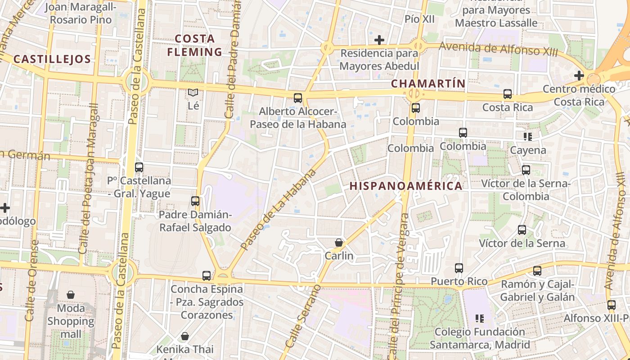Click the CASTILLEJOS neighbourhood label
[x=52, y=59]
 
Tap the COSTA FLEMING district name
[x=195, y=45]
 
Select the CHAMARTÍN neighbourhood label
[x=427, y=83]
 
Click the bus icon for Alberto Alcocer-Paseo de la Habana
[x=298, y=98]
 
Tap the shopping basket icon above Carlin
[x=339, y=243]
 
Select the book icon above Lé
[x=193, y=92]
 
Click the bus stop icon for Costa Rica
[x=508, y=94]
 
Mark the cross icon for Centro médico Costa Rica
[x=579, y=76]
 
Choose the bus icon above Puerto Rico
[x=459, y=268]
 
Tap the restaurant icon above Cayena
[x=528, y=136]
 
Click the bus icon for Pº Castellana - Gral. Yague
[x=139, y=167]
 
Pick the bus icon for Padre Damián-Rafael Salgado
[x=195, y=201]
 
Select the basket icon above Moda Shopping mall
[x=71, y=295]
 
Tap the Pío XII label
[x=419, y=19]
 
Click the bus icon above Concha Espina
[x=207, y=275]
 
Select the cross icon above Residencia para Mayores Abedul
[x=379, y=40]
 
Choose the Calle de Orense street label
[x=31, y=281]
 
